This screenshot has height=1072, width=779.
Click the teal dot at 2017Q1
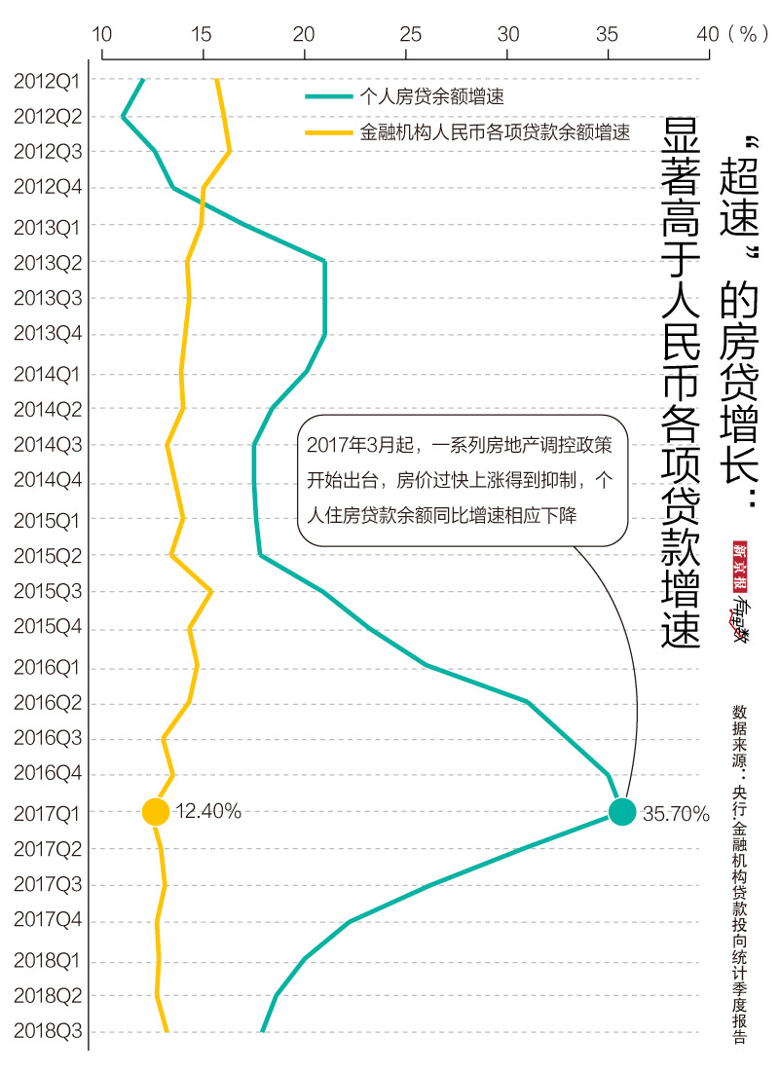click(x=622, y=811)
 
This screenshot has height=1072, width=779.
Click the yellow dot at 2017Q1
click(x=155, y=811)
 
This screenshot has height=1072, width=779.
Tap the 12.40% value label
click(x=208, y=811)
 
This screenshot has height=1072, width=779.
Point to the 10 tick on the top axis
click(x=101, y=33)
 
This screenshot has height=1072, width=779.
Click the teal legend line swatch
click(x=328, y=96)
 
